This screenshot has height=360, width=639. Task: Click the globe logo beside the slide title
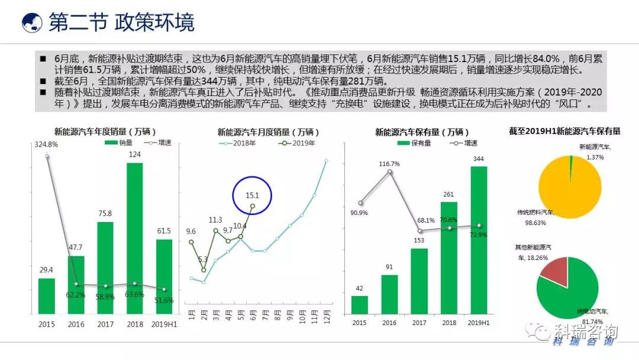tap(32, 22)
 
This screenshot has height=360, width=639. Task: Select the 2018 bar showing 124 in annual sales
tap(135, 237)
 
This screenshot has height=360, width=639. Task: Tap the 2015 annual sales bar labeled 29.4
tap(46, 296)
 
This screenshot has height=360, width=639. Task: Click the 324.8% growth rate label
tap(46, 144)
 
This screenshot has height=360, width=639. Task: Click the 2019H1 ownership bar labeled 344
tap(479, 240)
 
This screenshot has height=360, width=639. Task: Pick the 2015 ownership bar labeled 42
tap(360, 305)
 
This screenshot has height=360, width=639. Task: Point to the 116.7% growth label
tap(389, 163)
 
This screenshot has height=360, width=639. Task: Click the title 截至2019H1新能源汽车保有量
tap(569, 131)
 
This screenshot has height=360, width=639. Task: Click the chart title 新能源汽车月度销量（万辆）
tap(269, 132)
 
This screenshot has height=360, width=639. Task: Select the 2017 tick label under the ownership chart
tap(419, 323)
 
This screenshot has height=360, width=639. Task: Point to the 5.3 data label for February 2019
tap(203, 259)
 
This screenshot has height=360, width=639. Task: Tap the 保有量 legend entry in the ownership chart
tap(417, 143)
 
